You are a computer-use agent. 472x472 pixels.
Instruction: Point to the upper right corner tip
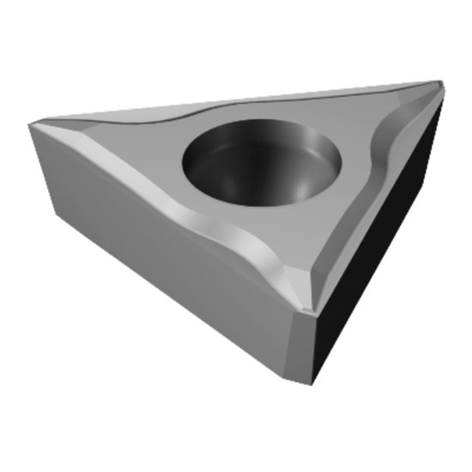pos(439,82)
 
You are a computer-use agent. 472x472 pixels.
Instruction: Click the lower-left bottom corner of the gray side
pos(53,221)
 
